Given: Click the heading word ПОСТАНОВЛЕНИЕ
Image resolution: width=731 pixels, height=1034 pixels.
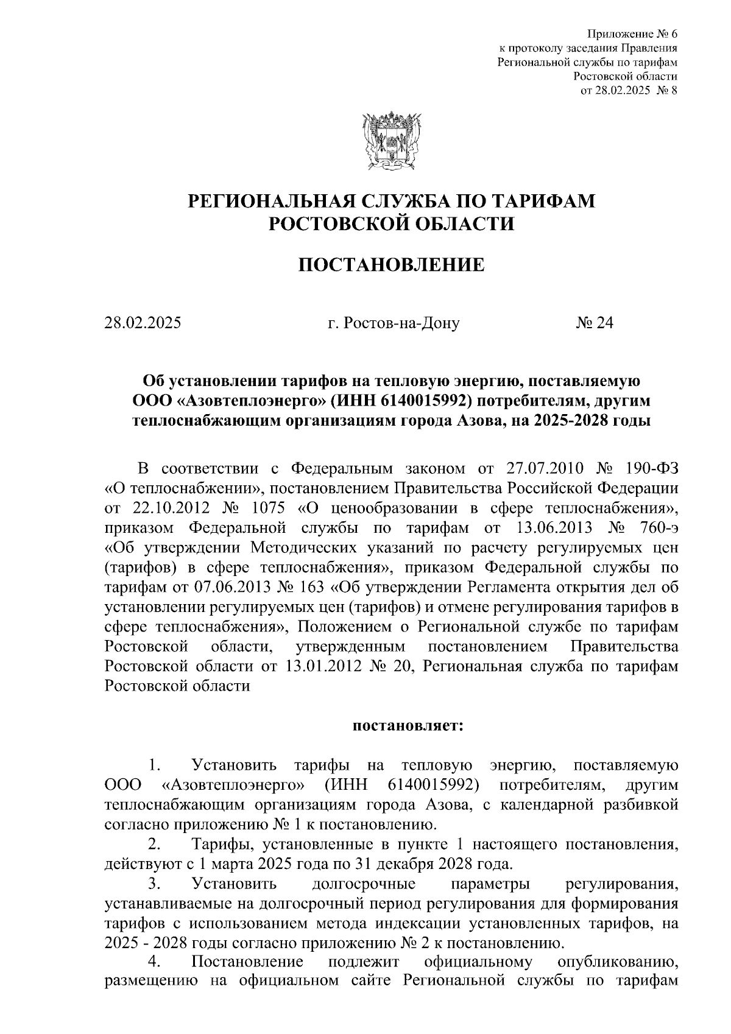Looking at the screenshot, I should click(390, 266).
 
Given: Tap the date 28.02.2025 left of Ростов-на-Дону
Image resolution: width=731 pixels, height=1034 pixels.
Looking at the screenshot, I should click(143, 323).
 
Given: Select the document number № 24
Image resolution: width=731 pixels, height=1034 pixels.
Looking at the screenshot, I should click(595, 323).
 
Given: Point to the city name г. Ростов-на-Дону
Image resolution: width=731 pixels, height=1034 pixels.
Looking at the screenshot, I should click(394, 323).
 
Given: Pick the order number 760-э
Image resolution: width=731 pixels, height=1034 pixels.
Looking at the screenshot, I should click(655, 527).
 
